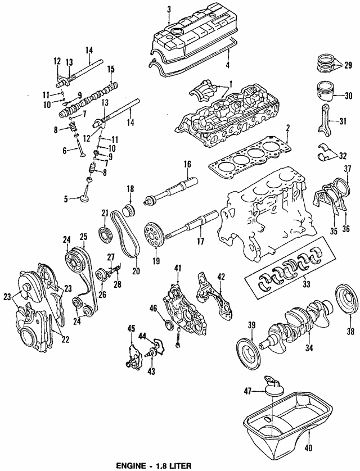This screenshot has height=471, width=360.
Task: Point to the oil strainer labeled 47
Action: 272,388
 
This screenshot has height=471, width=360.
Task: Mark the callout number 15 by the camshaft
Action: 111,69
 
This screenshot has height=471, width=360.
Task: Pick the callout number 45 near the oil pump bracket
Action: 131,328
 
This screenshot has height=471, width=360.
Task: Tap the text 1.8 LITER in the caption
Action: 172,465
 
